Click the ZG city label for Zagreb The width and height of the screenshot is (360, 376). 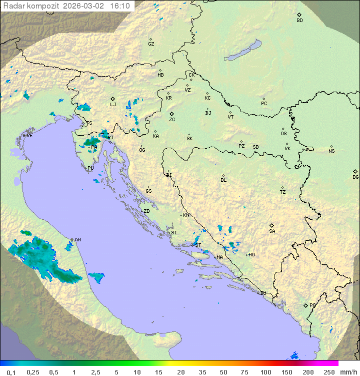tap(172, 120)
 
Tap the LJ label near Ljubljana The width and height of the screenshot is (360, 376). tap(113, 105)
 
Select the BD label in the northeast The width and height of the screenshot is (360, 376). tap(299, 21)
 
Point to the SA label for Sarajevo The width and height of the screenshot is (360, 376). tap(272, 231)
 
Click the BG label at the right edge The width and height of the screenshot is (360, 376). tap(355, 177)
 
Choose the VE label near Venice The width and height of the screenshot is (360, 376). tap(29, 136)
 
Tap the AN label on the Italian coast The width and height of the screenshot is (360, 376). tap(77, 240)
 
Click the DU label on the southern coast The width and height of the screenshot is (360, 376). tap(262, 293)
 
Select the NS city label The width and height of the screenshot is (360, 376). tap(331, 151)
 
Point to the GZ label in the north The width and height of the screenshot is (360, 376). tap(151, 44)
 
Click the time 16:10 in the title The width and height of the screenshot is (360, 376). tap(119, 6)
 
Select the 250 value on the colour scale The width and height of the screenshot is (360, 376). tap(329, 372)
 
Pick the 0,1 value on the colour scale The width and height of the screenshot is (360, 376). tap(11, 372)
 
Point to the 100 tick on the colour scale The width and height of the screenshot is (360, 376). tap(265, 372)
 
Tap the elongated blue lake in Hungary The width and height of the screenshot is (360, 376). tap(243, 51)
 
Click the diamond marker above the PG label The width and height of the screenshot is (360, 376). tap(305, 305)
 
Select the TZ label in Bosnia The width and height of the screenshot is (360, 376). tap(283, 192)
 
